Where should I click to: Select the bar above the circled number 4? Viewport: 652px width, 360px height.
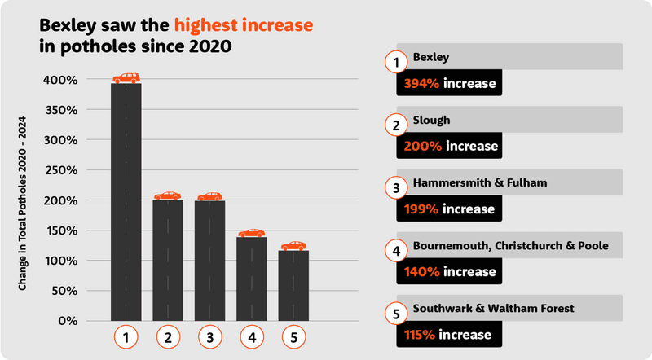click(251, 278)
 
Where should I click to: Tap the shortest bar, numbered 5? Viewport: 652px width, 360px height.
click(293, 285)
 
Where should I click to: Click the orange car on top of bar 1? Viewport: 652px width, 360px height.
click(126, 78)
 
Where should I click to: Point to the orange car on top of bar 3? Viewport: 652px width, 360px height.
click(209, 196)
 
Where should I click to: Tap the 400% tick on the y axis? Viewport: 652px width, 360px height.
click(60, 80)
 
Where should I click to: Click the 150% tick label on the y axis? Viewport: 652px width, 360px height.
click(60, 230)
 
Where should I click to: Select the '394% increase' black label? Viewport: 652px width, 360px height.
click(449, 83)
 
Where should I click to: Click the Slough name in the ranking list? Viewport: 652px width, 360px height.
click(432, 120)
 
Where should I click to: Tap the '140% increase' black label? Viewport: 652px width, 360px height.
click(449, 271)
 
